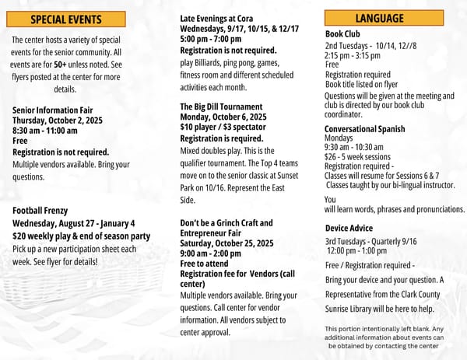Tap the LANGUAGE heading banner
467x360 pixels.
tap(379, 19)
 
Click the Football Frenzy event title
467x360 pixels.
tap(40, 210)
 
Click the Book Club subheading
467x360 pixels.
tap(342, 34)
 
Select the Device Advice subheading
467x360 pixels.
tap(349, 228)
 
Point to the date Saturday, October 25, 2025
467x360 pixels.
tap(226, 243)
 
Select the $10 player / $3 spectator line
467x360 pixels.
tap(224, 128)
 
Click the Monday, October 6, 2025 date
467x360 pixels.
tap(223, 117)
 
